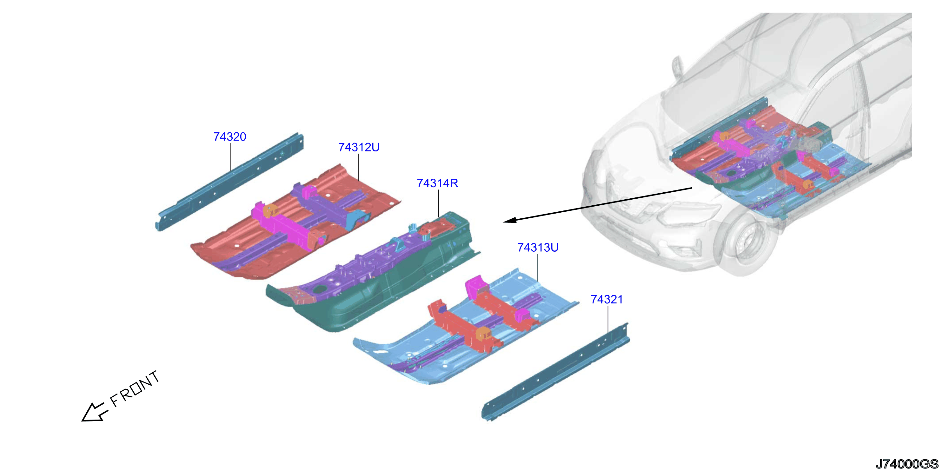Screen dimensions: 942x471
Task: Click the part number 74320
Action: (230, 136)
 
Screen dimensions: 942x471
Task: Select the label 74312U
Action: (359, 147)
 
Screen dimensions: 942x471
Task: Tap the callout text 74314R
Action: (437, 183)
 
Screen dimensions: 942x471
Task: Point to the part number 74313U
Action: (538, 248)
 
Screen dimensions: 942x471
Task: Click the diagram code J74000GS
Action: (907, 464)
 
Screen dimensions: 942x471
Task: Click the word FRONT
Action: (135, 389)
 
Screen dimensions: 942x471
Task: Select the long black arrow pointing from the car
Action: (598, 205)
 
